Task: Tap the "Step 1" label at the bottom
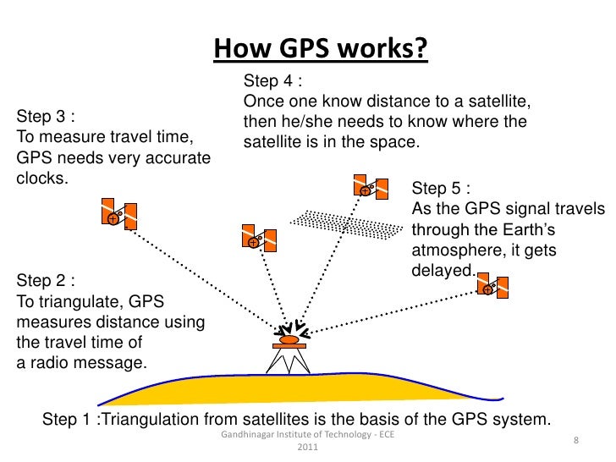[67, 421]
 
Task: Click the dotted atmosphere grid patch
[347, 222]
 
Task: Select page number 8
[575, 441]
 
